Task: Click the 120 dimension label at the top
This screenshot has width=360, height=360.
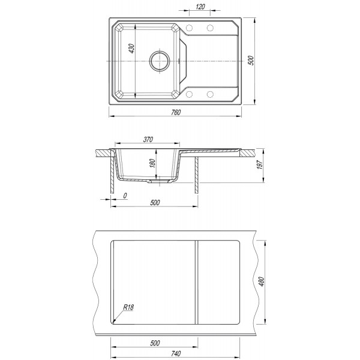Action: [x=200, y=7]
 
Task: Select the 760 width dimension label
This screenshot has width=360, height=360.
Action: [x=176, y=112]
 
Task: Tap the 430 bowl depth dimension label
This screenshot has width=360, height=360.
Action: [x=131, y=49]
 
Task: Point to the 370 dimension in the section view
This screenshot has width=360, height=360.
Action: [x=148, y=139]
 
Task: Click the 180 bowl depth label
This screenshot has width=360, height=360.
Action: [x=152, y=163]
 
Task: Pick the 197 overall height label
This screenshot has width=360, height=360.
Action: [x=259, y=164]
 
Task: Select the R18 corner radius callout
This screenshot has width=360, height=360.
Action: [x=128, y=307]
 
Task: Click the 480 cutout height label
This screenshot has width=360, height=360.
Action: [x=262, y=282]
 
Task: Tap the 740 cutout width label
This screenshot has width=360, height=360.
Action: [x=176, y=353]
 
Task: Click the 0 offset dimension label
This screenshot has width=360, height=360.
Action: [x=125, y=196]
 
